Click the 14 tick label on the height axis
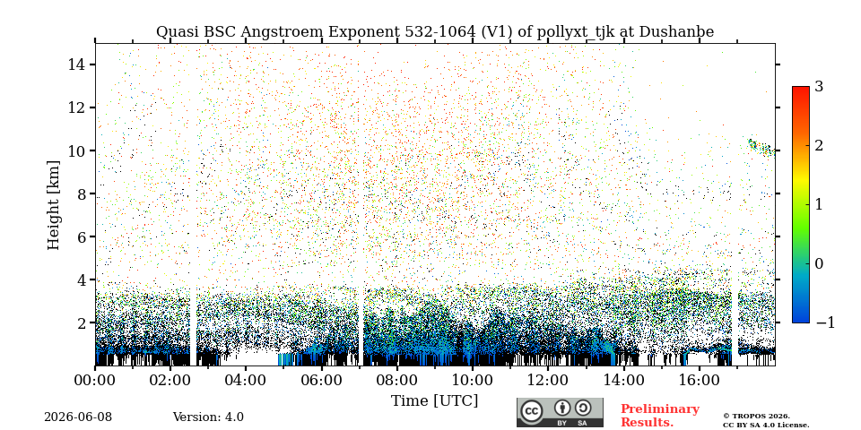click(x=75, y=64)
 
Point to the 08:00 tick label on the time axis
click(x=396, y=380)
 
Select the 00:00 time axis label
click(x=95, y=380)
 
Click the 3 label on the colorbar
click(x=819, y=86)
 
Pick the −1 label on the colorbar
click(x=825, y=322)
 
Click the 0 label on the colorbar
click(x=819, y=263)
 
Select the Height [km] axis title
click(x=53, y=205)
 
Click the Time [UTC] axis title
click(x=434, y=401)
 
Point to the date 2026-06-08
click(x=78, y=417)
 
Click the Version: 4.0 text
click(x=208, y=417)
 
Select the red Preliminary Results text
click(x=660, y=416)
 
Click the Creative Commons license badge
click(x=560, y=412)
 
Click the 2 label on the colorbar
click(x=819, y=145)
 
